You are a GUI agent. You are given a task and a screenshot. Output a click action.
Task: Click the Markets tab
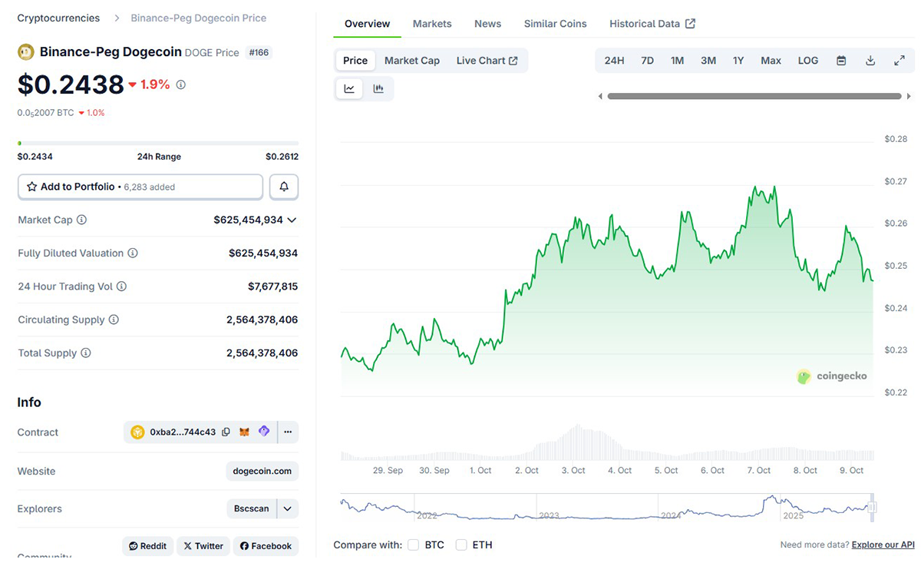pos(432,24)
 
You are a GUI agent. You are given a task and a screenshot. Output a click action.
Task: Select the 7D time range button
pos(647,61)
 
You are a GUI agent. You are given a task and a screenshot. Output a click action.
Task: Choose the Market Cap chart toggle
pos(412,61)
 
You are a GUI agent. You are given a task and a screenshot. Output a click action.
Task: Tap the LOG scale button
pos(807,61)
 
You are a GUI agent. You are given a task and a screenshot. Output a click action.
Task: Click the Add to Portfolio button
pos(140,187)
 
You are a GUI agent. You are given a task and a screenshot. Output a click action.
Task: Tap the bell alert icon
pos(284,187)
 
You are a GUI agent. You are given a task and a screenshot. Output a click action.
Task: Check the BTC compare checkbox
pos(413,545)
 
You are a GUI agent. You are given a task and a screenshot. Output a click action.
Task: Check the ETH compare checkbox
pos(461,545)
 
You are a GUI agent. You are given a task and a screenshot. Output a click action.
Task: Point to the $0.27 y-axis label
pos(895,181)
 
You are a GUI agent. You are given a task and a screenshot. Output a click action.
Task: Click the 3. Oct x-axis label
pos(573,470)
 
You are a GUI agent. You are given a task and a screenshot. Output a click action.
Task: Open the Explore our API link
pos(883,545)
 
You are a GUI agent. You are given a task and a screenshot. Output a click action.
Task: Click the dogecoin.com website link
pos(262,471)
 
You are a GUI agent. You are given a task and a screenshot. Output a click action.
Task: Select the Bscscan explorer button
pos(252,508)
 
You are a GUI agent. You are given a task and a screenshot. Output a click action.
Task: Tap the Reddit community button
pos(147,546)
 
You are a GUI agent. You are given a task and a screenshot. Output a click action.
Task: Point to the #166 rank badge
pos(259,53)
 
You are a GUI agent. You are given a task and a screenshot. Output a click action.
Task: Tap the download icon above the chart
pos(870,61)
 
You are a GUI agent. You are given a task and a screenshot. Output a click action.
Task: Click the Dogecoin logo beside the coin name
pos(25,52)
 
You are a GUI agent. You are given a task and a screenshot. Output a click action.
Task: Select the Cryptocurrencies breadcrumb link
pos(58,18)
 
